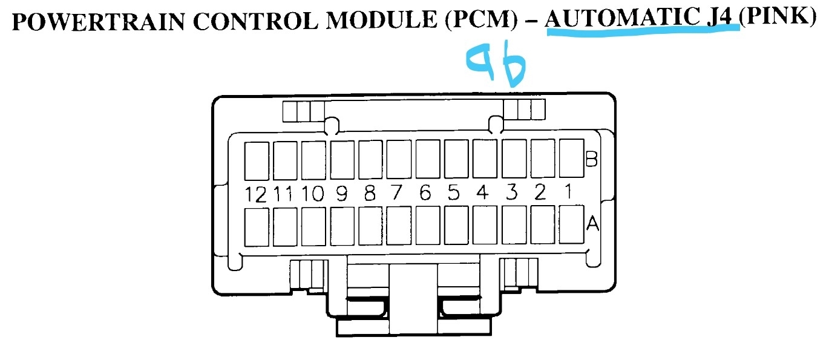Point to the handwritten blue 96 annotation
coord(495,65)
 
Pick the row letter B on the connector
coord(592,160)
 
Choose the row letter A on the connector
coord(592,224)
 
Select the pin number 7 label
coord(396,194)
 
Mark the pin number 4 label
coord(482,193)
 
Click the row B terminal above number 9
coord(342,159)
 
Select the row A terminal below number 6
coord(427,226)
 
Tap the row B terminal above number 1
coord(570,157)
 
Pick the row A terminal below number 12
coord(256,226)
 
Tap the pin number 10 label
coord(312,194)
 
